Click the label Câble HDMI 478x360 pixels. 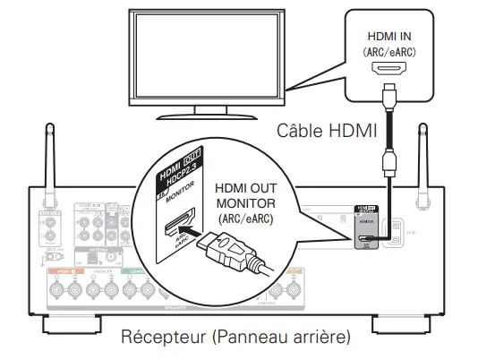coord(326,132)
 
